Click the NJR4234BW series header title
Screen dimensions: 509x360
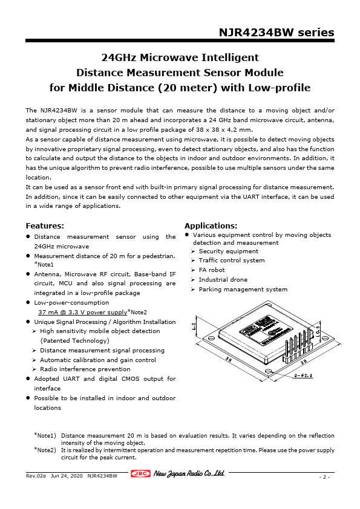tap(276, 33)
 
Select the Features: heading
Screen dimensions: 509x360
tap(45, 225)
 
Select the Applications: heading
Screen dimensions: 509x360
tap(211, 225)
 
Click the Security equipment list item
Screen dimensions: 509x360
tap(228, 251)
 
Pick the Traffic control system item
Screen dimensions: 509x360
tap(231, 261)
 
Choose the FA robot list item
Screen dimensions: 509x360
tap(211, 270)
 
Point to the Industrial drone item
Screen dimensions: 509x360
tap(223, 280)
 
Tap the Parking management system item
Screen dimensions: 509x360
tap(243, 290)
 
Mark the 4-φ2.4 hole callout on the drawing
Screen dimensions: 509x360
tap(303, 376)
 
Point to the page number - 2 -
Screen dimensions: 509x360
tap(324, 477)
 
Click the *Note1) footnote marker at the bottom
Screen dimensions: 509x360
tap(45, 435)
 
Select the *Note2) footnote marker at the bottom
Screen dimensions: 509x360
tap(45, 450)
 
